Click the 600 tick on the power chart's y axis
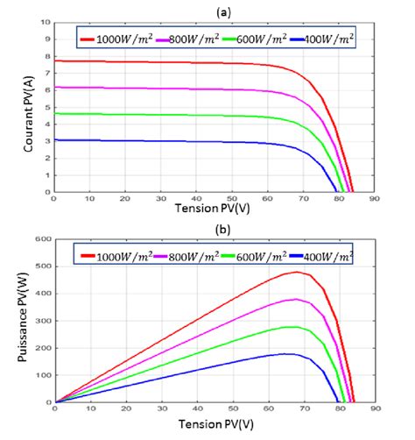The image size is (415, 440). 41,239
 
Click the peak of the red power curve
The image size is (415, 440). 297,272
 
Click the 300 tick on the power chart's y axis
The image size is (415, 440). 41,321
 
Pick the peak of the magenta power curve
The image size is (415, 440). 294,299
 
